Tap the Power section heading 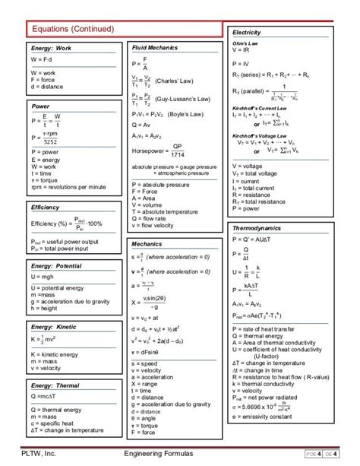click(x=40, y=106)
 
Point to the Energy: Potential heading click(x=56, y=268)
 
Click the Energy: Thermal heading click(x=55, y=385)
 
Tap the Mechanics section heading click(x=147, y=244)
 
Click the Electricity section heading click(x=247, y=33)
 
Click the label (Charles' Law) click(x=175, y=80)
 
